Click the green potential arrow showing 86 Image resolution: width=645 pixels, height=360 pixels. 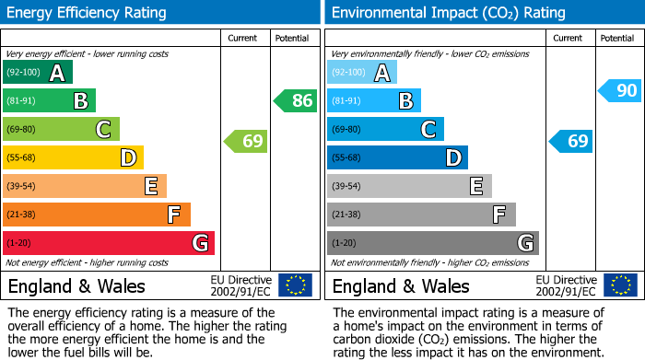pos(296,101)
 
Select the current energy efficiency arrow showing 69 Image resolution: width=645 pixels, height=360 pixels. pos(247,141)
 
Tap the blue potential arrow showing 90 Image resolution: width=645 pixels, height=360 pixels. pos(620,90)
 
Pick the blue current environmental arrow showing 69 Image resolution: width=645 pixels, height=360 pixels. pos(571,141)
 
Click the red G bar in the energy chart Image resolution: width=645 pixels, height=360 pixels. pos(109,243)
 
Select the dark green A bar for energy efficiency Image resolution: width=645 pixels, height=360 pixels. pos(38,73)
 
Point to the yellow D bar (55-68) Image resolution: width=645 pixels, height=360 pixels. pos(73,158)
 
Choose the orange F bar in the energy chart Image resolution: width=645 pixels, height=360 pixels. pos(97,215)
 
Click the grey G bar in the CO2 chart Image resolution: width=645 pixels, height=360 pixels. pos(432,243)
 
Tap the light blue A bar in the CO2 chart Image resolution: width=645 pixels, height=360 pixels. pos(362,73)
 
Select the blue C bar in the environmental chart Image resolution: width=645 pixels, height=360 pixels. pos(385,130)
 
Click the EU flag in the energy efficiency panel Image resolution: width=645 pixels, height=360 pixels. pos(295,285)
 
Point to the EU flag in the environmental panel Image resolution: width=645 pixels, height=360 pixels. pos(619,285)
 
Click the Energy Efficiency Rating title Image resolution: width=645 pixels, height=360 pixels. pos(87,13)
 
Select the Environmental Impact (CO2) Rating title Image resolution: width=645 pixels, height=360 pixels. pos(448,13)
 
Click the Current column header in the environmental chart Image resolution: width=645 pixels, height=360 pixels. pos(569,38)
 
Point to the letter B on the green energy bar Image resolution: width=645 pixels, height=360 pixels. pos(81,101)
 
